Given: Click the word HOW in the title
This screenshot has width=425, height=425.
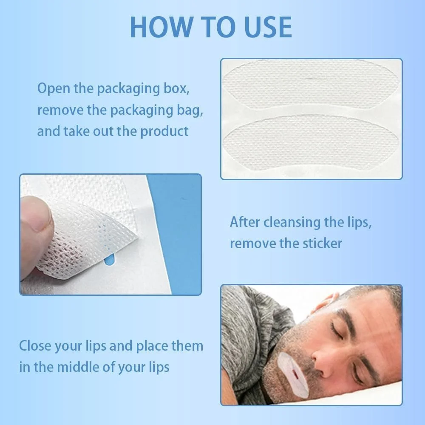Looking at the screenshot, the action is point(161,27).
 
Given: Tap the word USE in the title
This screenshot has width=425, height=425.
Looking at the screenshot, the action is point(268,27).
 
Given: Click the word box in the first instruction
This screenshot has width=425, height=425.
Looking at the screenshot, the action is point(176,88).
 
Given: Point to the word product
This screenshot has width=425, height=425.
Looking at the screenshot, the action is point(164,132).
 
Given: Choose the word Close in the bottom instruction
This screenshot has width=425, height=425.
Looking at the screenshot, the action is point(35,346).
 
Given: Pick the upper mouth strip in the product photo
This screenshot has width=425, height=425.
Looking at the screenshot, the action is point(311,84).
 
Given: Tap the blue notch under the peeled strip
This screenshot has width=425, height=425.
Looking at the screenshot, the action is point(109,259).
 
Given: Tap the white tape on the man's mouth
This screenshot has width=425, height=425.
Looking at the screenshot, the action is point(293,375).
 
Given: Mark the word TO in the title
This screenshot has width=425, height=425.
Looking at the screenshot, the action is point(218,27).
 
